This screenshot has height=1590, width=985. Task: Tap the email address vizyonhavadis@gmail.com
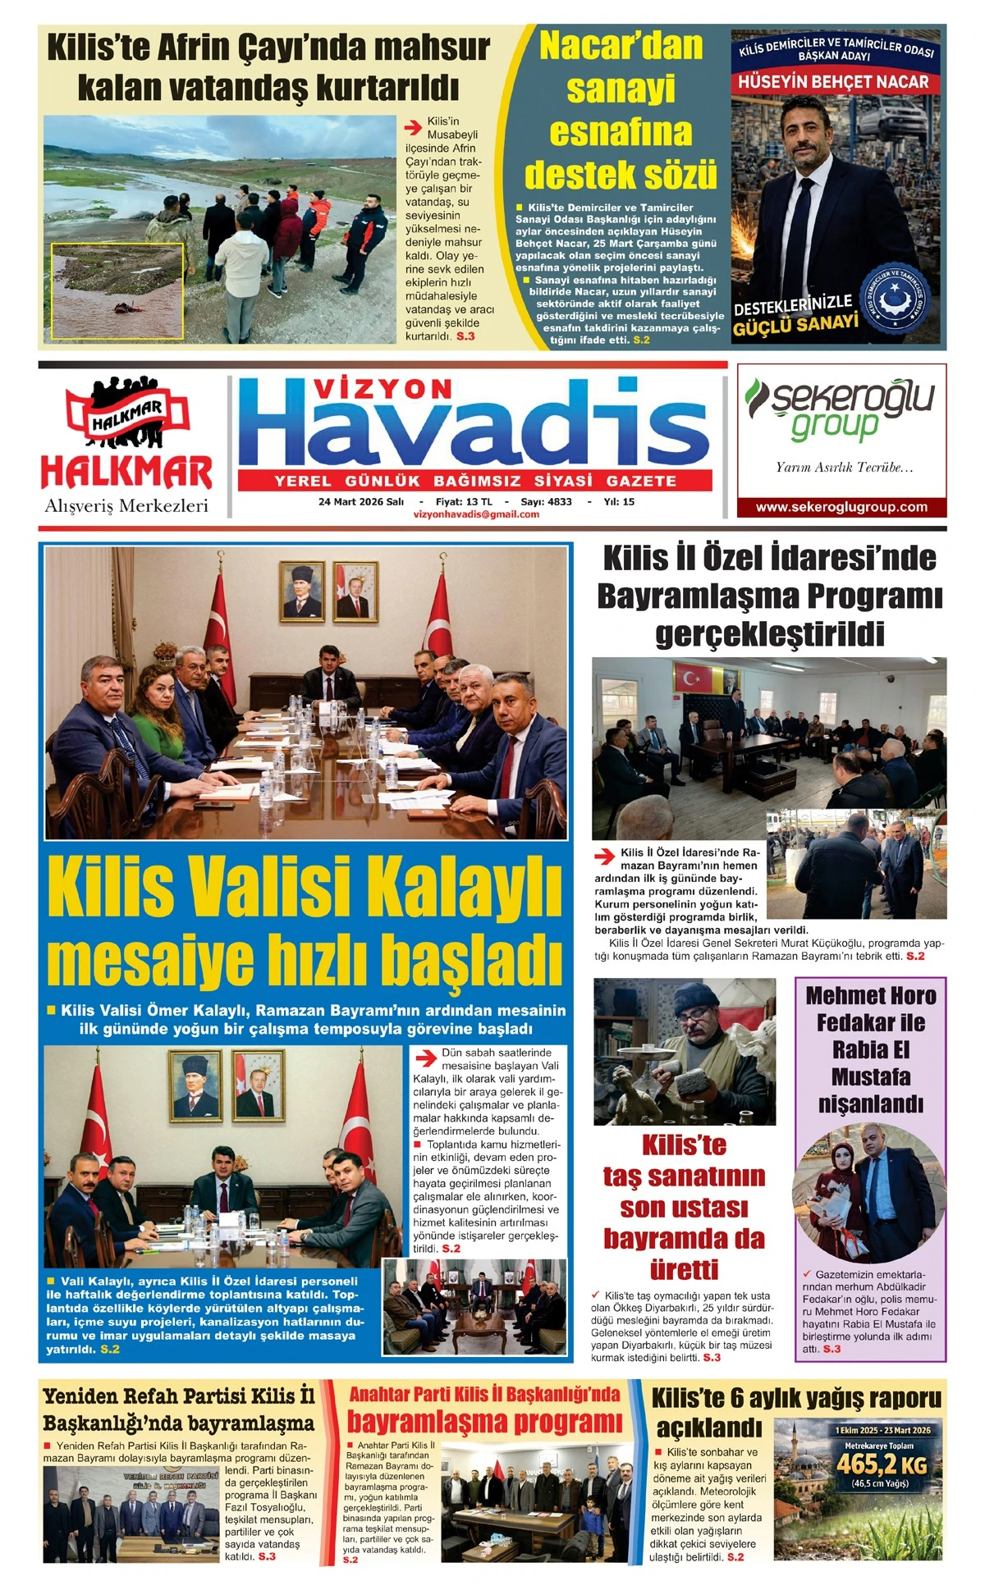tap(476, 514)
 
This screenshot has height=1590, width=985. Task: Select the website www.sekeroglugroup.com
tap(841, 507)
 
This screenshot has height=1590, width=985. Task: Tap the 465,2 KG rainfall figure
tap(881, 1464)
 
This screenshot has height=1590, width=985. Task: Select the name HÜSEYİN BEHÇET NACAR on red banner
tap(833, 82)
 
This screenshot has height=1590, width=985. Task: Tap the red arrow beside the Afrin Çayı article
tap(414, 127)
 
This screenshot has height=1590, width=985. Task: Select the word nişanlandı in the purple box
tap(870, 1103)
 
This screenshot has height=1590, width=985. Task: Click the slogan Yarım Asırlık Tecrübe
tap(844, 468)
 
